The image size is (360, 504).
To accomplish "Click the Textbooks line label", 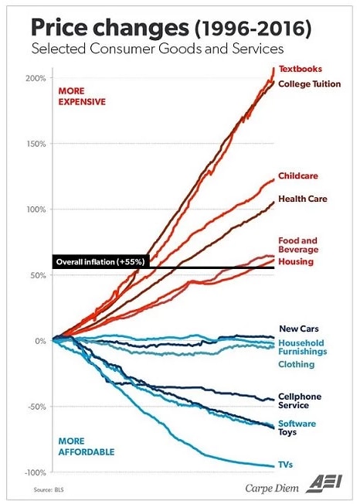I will [300, 69].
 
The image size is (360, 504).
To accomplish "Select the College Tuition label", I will [309, 83].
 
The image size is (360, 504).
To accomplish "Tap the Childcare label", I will [297, 176].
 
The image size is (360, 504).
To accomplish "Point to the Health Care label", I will [302, 199].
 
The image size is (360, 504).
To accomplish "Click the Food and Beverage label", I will [297, 245].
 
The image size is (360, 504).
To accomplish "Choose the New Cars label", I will [297, 329].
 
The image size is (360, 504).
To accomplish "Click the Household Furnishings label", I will [301, 347].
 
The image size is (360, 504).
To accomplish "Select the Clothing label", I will [296, 364].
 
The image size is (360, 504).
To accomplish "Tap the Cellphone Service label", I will [299, 400].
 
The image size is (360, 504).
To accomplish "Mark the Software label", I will [297, 424].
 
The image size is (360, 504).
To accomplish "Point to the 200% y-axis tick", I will [36, 78].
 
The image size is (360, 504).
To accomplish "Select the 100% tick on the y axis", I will [36, 209].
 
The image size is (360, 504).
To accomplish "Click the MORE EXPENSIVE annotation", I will [82, 96].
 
